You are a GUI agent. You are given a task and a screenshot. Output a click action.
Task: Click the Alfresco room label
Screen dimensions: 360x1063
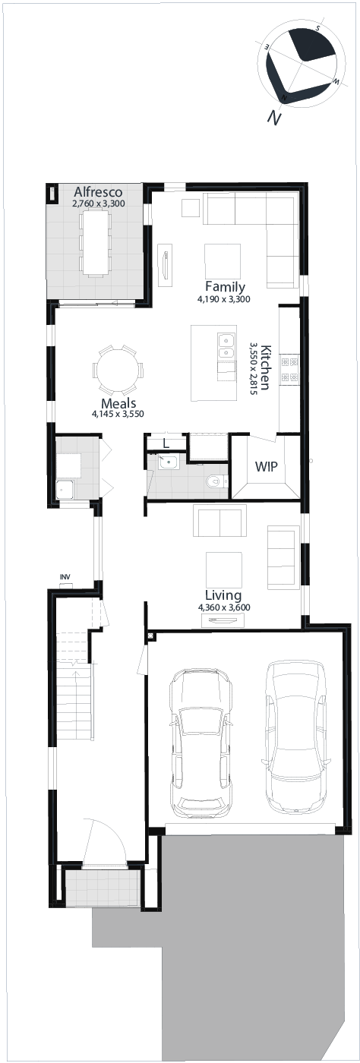[98, 192]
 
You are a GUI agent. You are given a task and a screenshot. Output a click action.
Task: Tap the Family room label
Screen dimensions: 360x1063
[225, 287]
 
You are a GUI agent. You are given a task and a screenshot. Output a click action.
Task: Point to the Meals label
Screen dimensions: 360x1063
[118, 403]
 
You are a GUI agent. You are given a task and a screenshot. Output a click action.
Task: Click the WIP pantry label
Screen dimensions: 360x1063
[266, 466]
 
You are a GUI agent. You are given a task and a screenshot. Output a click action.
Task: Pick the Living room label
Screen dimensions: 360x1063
[223, 595]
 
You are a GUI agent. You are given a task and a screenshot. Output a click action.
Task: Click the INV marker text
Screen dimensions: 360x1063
[65, 577]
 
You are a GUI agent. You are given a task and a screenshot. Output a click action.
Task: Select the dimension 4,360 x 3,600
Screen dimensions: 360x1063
[224, 607]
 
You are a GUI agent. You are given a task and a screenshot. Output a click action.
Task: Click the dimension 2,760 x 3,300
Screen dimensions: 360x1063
[98, 203]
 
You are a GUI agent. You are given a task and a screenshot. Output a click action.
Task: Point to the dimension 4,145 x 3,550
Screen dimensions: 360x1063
[118, 414]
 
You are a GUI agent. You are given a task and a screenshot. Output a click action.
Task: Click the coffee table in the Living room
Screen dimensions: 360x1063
[224, 569]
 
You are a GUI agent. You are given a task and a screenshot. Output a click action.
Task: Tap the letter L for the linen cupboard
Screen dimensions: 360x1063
[166, 444]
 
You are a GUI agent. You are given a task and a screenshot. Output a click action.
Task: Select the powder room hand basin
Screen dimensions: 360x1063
[168, 462]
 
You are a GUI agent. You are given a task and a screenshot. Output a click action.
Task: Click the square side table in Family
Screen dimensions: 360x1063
[191, 208]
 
